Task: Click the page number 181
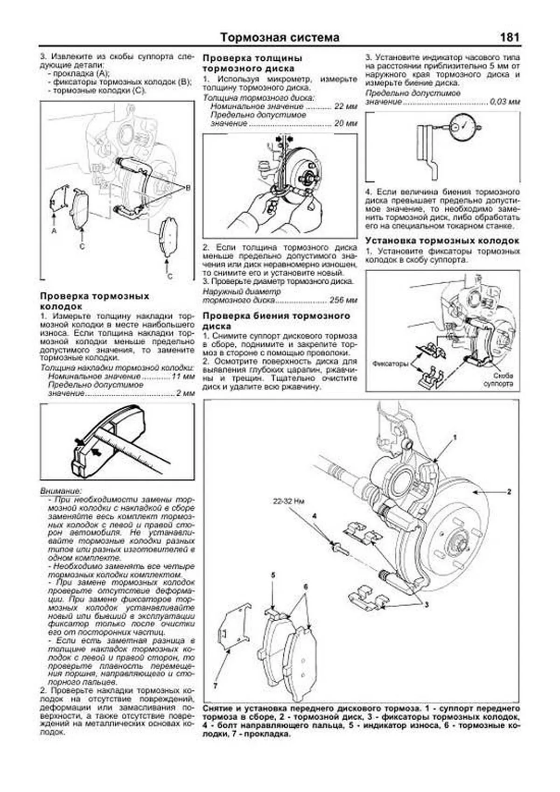[x=509, y=37]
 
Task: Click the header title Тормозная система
[x=280, y=37]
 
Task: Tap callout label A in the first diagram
[x=54, y=231]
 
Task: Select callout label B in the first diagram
[x=188, y=188]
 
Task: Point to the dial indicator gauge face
[x=463, y=126]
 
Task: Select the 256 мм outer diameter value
[x=343, y=300]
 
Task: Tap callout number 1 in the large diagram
[x=455, y=437]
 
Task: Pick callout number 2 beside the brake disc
[x=509, y=491]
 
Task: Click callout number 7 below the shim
[x=215, y=686]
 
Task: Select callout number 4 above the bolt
[x=315, y=516]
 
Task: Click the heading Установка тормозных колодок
[x=442, y=241]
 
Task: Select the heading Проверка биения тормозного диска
[x=276, y=321]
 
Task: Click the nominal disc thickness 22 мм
[x=345, y=106]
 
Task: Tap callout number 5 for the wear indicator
[x=273, y=576]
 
